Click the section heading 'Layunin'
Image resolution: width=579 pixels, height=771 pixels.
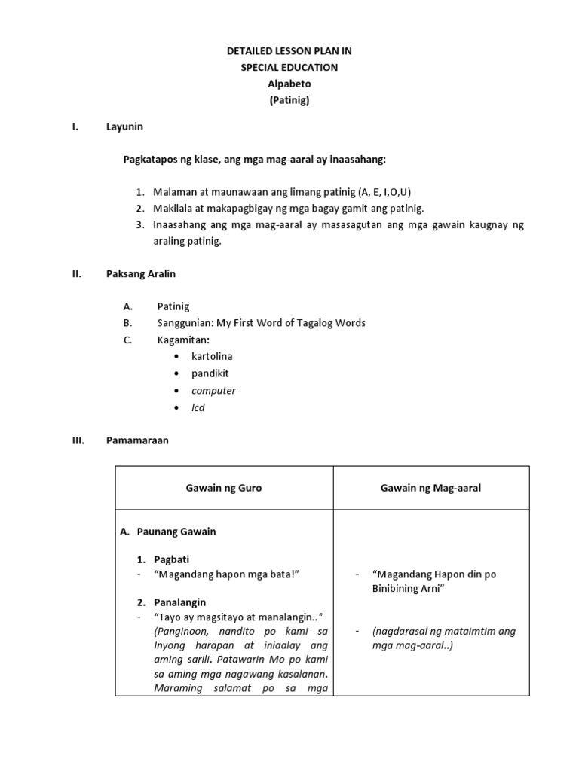(x=124, y=126)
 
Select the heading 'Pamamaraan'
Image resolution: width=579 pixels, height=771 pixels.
(x=137, y=440)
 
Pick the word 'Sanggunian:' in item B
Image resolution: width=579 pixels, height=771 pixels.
(x=185, y=323)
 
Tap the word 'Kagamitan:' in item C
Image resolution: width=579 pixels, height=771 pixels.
(x=183, y=340)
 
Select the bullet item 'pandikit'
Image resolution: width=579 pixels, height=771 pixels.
(x=211, y=373)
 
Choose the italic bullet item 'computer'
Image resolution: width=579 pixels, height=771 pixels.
(x=213, y=390)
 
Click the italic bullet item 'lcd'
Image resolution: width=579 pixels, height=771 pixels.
(x=198, y=407)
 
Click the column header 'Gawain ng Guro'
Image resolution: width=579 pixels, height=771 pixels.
(x=224, y=488)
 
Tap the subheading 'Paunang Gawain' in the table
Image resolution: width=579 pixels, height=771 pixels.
(x=176, y=532)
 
